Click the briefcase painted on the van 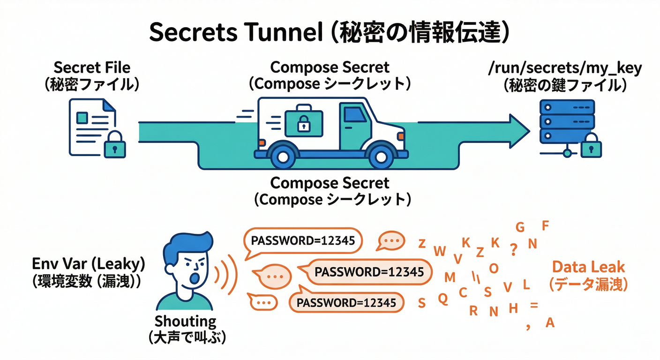[303, 120]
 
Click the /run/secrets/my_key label [565, 68]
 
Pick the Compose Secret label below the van [330, 182]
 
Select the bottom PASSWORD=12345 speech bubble [346, 303]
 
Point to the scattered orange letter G [520, 227]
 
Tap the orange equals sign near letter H [533, 306]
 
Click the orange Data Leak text [588, 267]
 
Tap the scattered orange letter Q [442, 298]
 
